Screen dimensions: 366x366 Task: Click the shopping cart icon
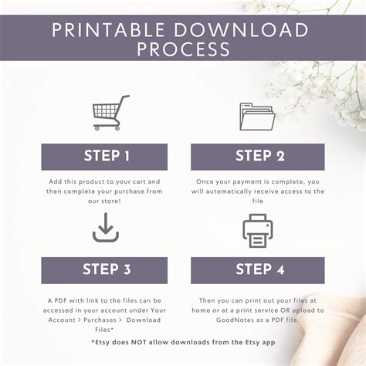click(x=110, y=113)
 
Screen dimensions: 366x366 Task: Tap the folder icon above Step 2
click(x=257, y=117)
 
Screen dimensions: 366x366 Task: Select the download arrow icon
click(x=106, y=228)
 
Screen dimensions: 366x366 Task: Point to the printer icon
click(x=258, y=231)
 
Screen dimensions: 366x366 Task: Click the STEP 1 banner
click(x=104, y=157)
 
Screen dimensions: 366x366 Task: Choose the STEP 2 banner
click(x=258, y=157)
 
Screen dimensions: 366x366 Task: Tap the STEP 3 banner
click(x=104, y=270)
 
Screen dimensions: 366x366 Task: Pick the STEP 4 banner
click(x=258, y=270)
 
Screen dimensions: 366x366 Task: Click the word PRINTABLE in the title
click(x=108, y=30)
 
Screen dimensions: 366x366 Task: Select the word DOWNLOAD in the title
click(x=242, y=30)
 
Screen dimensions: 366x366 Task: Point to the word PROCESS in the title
click(x=183, y=49)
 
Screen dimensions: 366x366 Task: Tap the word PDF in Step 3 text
click(x=60, y=300)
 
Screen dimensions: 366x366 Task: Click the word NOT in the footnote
click(x=139, y=342)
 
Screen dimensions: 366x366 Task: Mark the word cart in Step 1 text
click(x=139, y=181)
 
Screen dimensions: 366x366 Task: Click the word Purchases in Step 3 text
click(x=100, y=320)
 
